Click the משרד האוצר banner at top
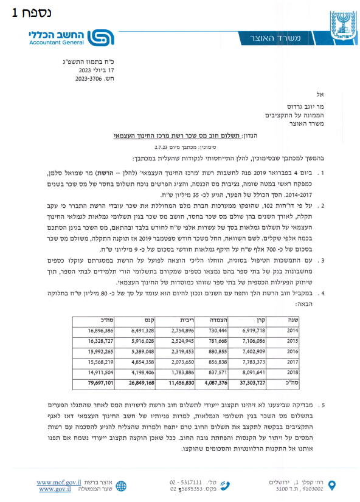point(283,38)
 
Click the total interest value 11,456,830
point(182,384)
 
